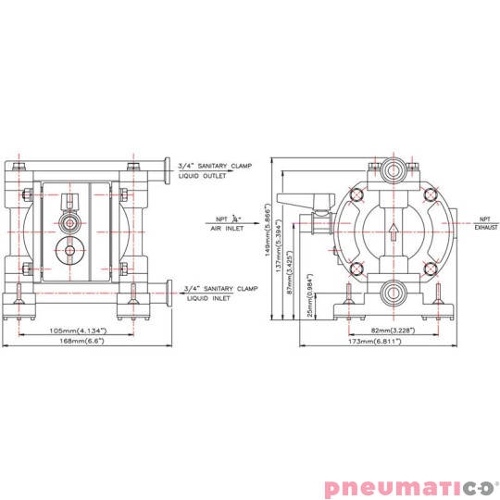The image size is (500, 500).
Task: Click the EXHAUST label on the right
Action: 486,226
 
